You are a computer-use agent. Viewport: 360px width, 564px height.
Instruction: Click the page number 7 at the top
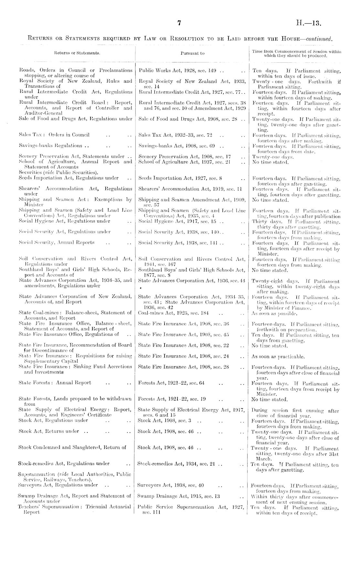pos(179,23)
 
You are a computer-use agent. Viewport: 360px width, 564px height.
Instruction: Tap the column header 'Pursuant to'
pos(193,53)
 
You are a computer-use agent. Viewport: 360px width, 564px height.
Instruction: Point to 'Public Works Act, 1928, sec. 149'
pos(180,70)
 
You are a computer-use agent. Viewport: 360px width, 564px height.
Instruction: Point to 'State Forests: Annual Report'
pos(55,383)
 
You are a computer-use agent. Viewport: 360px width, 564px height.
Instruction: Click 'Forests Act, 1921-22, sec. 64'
pos(171,383)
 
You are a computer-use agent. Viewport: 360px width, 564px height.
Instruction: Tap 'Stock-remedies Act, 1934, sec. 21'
pos(176,463)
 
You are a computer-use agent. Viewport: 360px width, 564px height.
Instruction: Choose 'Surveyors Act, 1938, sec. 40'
pos(171,485)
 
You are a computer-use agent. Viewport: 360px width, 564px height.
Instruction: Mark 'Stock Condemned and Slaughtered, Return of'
pos(72,447)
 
